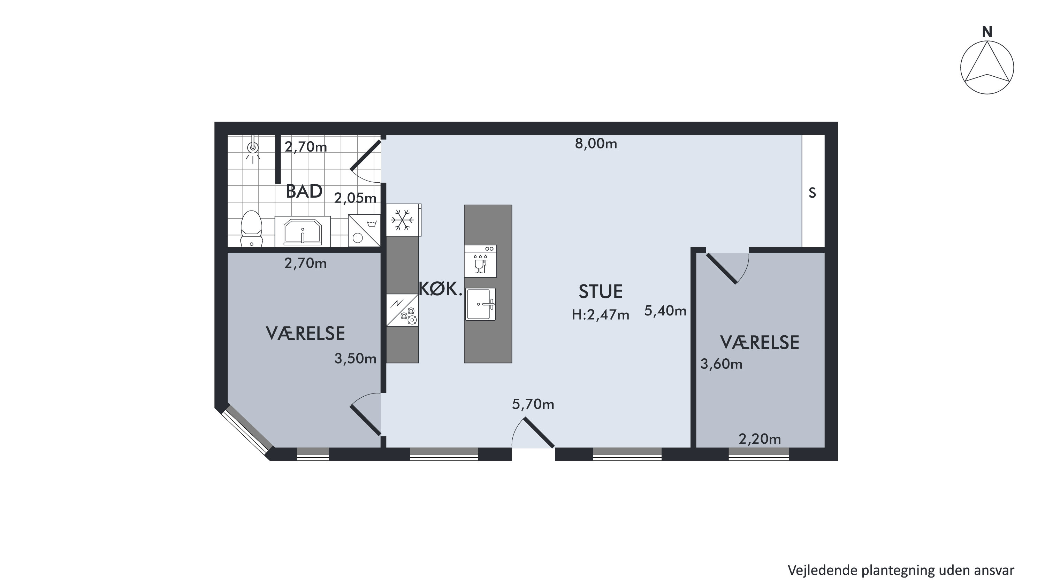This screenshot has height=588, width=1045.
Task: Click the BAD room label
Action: click(x=304, y=191)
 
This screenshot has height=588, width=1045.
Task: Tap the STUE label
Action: click(x=600, y=292)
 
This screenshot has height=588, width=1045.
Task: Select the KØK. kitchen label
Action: click(x=440, y=289)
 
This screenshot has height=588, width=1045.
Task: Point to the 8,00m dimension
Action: click(x=596, y=144)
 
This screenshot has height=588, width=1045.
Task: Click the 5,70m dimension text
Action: click(x=533, y=404)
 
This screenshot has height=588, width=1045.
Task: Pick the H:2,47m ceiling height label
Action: click(x=600, y=315)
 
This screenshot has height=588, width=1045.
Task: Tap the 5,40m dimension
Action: click(x=665, y=311)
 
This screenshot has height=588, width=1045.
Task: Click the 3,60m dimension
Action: click(x=721, y=364)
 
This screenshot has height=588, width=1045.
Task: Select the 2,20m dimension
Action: click(x=760, y=439)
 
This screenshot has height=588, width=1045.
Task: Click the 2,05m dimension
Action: click(x=356, y=198)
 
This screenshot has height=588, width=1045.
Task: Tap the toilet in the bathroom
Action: click(x=252, y=229)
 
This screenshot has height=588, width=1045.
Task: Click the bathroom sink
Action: click(x=303, y=231)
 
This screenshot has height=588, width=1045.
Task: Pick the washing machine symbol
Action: click(x=364, y=230)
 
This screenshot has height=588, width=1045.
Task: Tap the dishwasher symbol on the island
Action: click(x=480, y=261)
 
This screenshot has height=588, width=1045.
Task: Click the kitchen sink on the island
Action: click(x=480, y=304)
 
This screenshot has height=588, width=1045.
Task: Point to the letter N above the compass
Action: click(x=987, y=32)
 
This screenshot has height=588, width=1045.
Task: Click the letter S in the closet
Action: click(x=812, y=193)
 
